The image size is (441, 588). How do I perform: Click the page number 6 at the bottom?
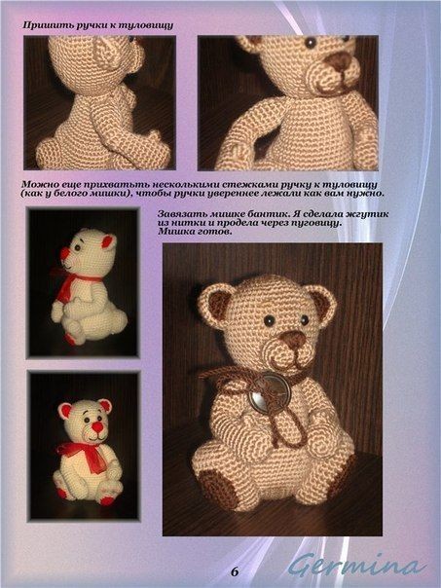235,572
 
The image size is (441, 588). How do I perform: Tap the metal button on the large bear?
270,392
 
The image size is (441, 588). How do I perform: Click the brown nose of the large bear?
293,340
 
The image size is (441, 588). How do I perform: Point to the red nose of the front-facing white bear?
98,426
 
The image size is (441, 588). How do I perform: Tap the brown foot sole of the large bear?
217,489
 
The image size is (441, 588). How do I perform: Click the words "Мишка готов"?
195,232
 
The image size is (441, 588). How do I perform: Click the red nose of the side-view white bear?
64,253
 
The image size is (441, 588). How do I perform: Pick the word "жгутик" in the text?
371,214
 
